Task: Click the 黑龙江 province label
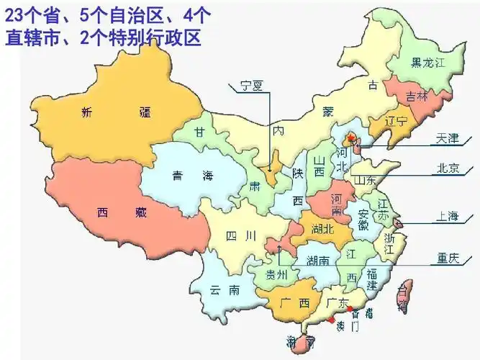[429, 63]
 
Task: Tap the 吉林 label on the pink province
[416, 96]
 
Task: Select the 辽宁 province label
[397, 120]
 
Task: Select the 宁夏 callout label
[252, 85]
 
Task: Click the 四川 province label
[240, 235]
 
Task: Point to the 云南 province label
[224, 290]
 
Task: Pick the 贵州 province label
[277, 274]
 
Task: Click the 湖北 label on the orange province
[322, 230]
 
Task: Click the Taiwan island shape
[404, 296]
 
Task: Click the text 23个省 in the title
[32, 14]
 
